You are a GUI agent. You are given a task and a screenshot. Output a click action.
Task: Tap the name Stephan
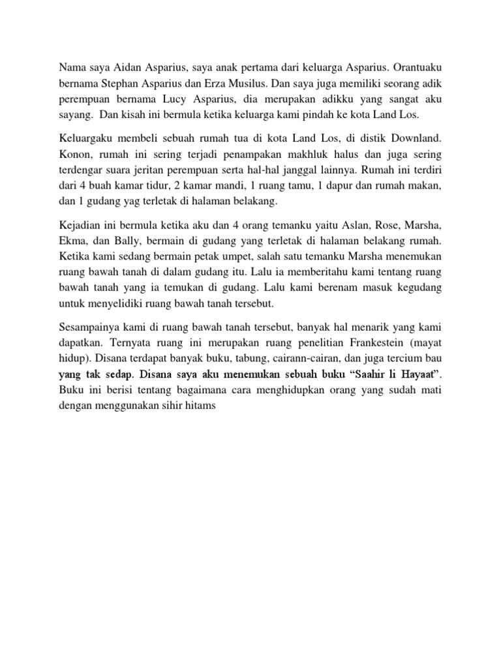[x=121, y=83]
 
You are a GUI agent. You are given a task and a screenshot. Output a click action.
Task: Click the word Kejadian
[x=80, y=226]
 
